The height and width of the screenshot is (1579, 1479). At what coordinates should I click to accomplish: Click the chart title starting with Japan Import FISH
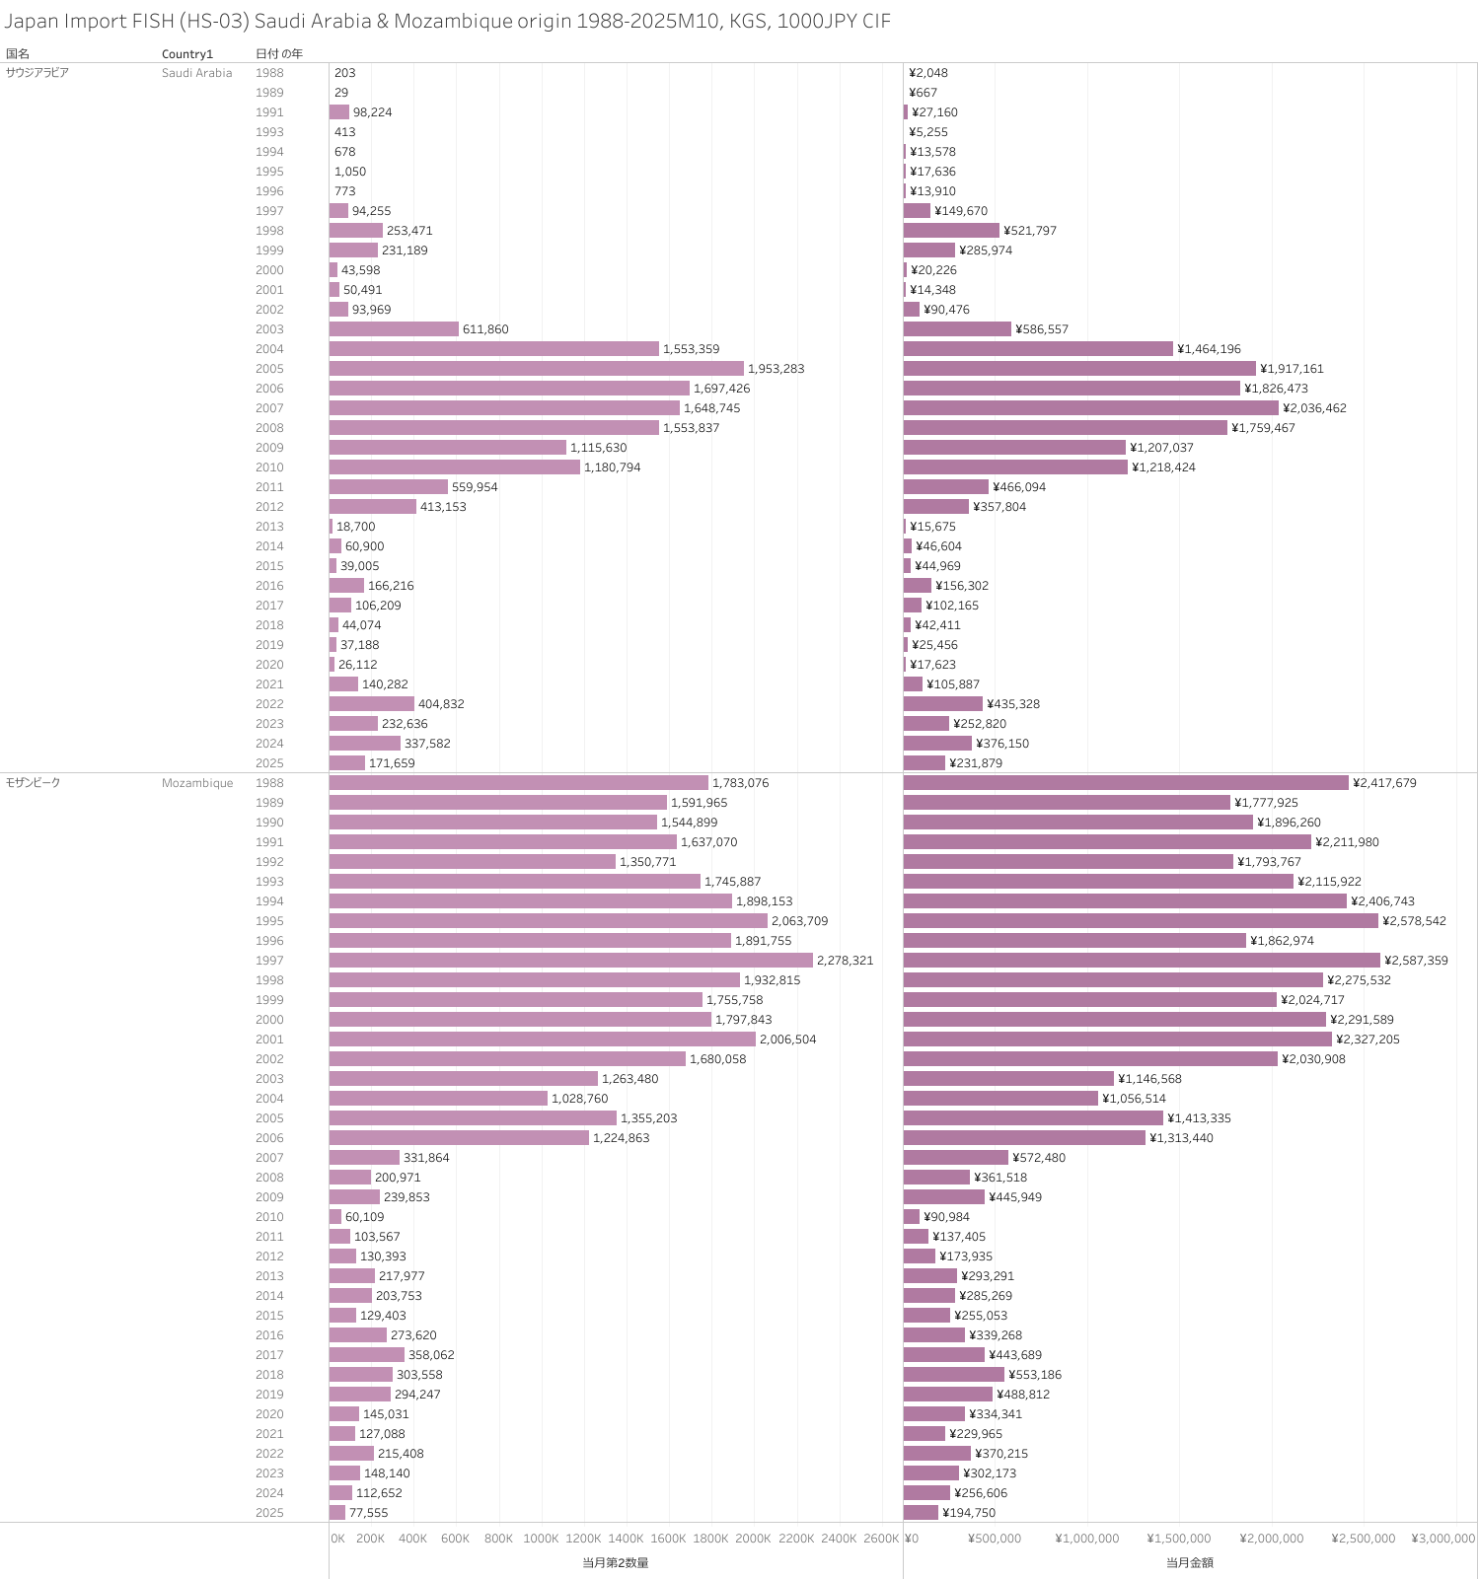click(448, 21)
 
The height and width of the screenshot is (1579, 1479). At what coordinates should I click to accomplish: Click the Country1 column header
click(186, 53)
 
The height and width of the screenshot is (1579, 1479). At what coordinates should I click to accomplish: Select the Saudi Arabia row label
click(196, 73)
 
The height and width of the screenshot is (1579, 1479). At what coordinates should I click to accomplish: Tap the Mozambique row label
click(197, 783)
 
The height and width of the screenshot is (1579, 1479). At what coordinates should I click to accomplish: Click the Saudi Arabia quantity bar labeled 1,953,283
click(536, 369)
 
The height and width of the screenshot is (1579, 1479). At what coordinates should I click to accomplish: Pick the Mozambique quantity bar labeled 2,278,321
click(570, 961)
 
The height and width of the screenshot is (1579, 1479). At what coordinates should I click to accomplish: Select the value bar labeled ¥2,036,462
click(1090, 408)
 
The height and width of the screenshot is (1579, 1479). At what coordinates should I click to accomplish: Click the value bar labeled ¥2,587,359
click(1142, 961)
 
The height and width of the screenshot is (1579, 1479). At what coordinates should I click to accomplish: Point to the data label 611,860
click(485, 329)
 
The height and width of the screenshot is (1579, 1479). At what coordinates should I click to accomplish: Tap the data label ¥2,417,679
click(1384, 783)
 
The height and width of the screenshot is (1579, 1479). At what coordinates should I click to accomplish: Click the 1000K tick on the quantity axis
click(541, 1539)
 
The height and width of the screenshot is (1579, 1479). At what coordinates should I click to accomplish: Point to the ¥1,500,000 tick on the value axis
click(1178, 1539)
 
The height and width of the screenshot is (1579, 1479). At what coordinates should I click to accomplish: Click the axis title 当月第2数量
click(615, 1562)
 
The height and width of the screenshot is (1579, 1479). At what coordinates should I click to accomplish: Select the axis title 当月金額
click(1189, 1562)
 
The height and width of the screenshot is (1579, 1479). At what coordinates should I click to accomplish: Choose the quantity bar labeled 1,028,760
click(438, 1099)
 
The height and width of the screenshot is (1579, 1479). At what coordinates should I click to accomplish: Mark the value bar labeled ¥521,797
click(951, 231)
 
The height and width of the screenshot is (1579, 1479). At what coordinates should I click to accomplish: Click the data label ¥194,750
click(969, 1513)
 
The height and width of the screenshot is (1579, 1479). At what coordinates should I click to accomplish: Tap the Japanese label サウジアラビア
click(37, 73)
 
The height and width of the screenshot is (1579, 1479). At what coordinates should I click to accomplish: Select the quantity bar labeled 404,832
click(372, 704)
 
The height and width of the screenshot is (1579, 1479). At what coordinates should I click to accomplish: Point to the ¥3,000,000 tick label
click(1442, 1539)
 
